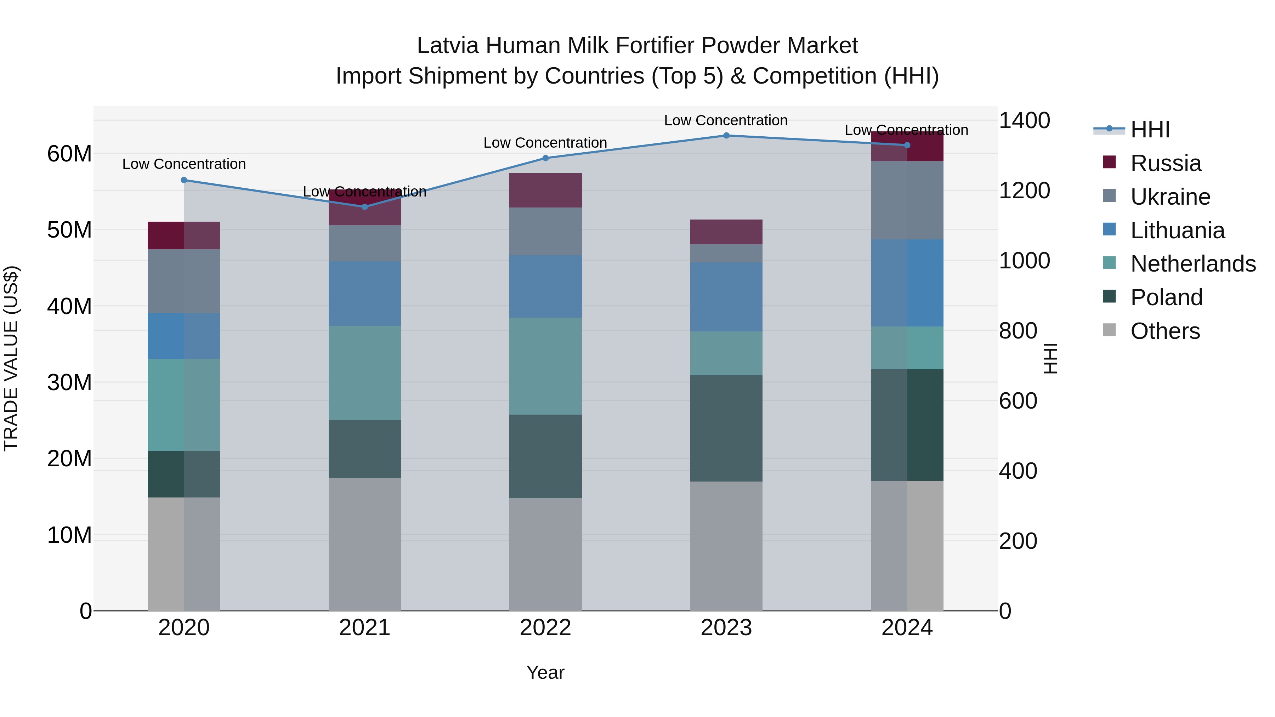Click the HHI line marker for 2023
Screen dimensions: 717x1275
[726, 136]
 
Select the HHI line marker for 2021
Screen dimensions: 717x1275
[365, 207]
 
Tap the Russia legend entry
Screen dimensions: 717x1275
[1165, 163]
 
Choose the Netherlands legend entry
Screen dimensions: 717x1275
[1192, 264]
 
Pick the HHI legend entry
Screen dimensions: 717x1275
[1149, 130]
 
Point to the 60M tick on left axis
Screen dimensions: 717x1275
[69, 154]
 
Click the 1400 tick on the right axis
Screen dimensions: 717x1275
[1024, 120]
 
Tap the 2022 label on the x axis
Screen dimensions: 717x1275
[545, 628]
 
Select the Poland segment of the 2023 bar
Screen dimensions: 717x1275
[726, 428]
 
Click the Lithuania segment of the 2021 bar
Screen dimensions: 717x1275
[365, 294]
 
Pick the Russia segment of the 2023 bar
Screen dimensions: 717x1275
[726, 232]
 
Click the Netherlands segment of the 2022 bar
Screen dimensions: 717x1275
[545, 366]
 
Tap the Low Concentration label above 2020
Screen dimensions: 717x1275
[183, 164]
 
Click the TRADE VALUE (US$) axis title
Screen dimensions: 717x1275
[11, 358]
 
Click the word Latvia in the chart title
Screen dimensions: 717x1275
[447, 46]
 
